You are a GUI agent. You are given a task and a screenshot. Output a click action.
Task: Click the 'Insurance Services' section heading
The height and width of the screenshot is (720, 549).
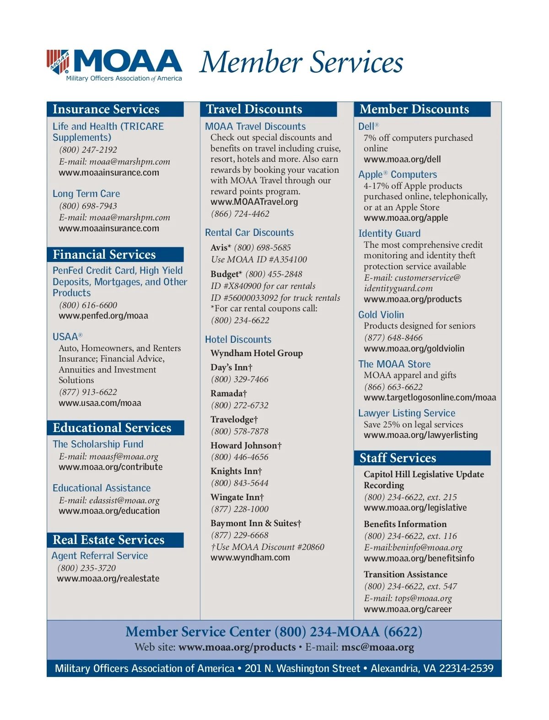click(x=106, y=109)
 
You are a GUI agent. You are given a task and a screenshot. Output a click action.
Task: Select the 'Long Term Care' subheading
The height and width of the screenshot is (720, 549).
click(x=86, y=194)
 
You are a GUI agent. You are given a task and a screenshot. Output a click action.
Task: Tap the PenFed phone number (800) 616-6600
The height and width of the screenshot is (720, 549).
click(x=88, y=305)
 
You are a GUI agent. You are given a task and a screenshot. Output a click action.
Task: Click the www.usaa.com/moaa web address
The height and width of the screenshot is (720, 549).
click(x=100, y=403)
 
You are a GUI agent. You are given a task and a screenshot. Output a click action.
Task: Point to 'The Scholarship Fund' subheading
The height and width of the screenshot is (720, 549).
click(x=98, y=444)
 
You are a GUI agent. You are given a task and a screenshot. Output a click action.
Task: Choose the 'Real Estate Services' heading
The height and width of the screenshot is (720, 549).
click(x=108, y=540)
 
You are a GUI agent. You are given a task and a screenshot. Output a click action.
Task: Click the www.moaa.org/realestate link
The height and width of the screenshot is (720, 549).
click(x=108, y=579)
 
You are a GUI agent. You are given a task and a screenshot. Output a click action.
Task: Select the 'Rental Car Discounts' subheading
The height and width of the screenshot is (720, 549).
click(x=249, y=233)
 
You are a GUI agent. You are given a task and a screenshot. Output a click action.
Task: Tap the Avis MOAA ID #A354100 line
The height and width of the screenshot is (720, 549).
click(x=259, y=260)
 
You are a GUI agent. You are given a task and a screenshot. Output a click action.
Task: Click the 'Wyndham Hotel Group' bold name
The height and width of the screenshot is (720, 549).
click(x=257, y=353)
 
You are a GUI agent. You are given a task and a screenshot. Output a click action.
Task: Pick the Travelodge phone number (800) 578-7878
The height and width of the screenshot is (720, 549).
click(x=240, y=432)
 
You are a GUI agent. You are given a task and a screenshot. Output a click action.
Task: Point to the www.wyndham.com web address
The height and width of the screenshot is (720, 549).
click(x=250, y=558)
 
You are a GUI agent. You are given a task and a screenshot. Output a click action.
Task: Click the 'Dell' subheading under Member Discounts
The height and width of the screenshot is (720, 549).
click(x=366, y=127)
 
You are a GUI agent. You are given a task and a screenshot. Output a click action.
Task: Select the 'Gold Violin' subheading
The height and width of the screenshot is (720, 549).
click(x=381, y=315)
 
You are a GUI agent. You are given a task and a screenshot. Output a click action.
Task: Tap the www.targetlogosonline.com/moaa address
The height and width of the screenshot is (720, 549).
click(x=430, y=398)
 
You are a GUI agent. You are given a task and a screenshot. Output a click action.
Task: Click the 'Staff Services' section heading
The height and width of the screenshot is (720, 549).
click(x=398, y=458)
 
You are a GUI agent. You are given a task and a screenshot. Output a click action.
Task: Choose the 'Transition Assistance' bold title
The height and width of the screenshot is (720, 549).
click(x=405, y=575)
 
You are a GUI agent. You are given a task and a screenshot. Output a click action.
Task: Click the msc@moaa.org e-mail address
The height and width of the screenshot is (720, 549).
click(x=377, y=647)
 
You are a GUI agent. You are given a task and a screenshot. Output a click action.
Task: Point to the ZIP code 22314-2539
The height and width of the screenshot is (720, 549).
click(x=466, y=669)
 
